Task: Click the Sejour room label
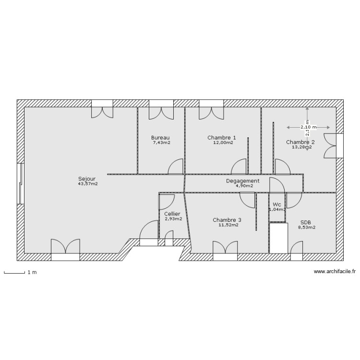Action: click(x=87, y=179)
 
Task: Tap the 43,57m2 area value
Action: click(x=87, y=183)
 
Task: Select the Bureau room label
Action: click(x=161, y=138)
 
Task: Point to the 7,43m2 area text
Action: click(x=162, y=143)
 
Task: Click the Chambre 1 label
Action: click(x=222, y=138)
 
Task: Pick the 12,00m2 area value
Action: click(x=223, y=143)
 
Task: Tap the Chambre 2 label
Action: click(x=300, y=142)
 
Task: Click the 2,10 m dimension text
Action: click(x=309, y=127)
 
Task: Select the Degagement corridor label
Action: click(x=243, y=181)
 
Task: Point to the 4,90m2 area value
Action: click(x=244, y=186)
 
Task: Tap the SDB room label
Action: click(x=306, y=222)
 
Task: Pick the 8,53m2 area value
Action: click(x=306, y=227)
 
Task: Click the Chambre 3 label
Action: click(x=227, y=220)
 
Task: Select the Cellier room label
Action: click(x=172, y=214)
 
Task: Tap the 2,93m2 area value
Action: click(x=173, y=218)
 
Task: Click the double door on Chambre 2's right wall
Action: click(x=331, y=145)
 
